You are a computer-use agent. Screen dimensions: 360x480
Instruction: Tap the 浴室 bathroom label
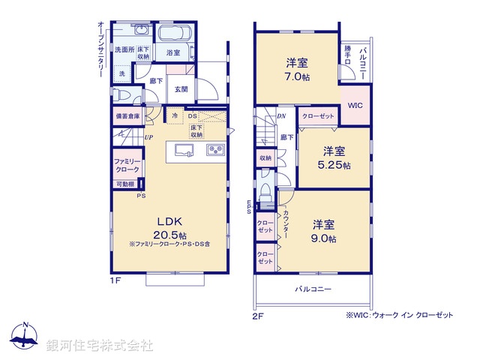[x=173, y=52]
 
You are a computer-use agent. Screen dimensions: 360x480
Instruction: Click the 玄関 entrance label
[x=181, y=89]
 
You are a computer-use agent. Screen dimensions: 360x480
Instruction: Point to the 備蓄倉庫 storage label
[x=127, y=116]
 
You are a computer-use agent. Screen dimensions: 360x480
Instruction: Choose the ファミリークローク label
[x=126, y=166]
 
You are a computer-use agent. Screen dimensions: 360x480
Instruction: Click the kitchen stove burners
[x=216, y=150]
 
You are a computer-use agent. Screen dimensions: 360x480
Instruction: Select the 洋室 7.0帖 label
[x=297, y=69]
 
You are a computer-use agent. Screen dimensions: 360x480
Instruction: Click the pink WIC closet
[x=355, y=106]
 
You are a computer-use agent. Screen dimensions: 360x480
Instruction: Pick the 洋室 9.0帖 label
[x=324, y=231]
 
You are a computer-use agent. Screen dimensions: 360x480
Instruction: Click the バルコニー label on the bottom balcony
[x=313, y=289]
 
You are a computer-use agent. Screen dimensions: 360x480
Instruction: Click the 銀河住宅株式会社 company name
[x=99, y=346]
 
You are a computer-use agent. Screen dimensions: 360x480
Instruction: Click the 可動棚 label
[x=124, y=184]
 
